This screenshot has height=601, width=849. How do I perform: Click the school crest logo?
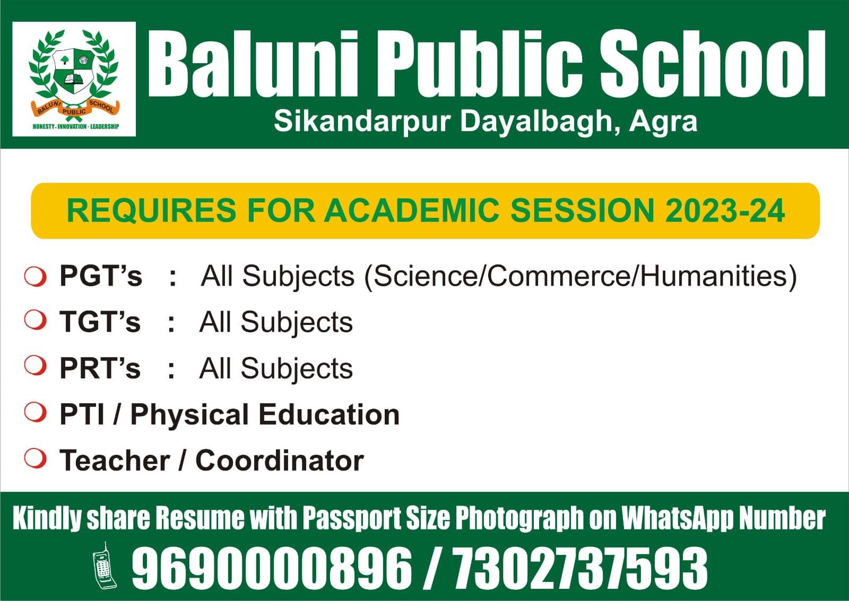pos(74,79)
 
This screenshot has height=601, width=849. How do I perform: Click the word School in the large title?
pos(713,64)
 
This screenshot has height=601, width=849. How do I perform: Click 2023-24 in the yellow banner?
pos(725,210)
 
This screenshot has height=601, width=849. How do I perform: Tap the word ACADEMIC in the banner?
pos(411,210)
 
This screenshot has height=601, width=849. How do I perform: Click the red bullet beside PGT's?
pos(35,277)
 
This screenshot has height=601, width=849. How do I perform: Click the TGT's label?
pos(100,322)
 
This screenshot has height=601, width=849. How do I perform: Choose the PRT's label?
pos(100,368)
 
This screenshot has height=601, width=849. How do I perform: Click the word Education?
pos(329,414)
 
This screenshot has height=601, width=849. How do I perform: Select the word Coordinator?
pos(280,461)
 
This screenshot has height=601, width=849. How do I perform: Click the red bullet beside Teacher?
pos(35,458)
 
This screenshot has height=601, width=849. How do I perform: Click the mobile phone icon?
pos(105,566)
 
